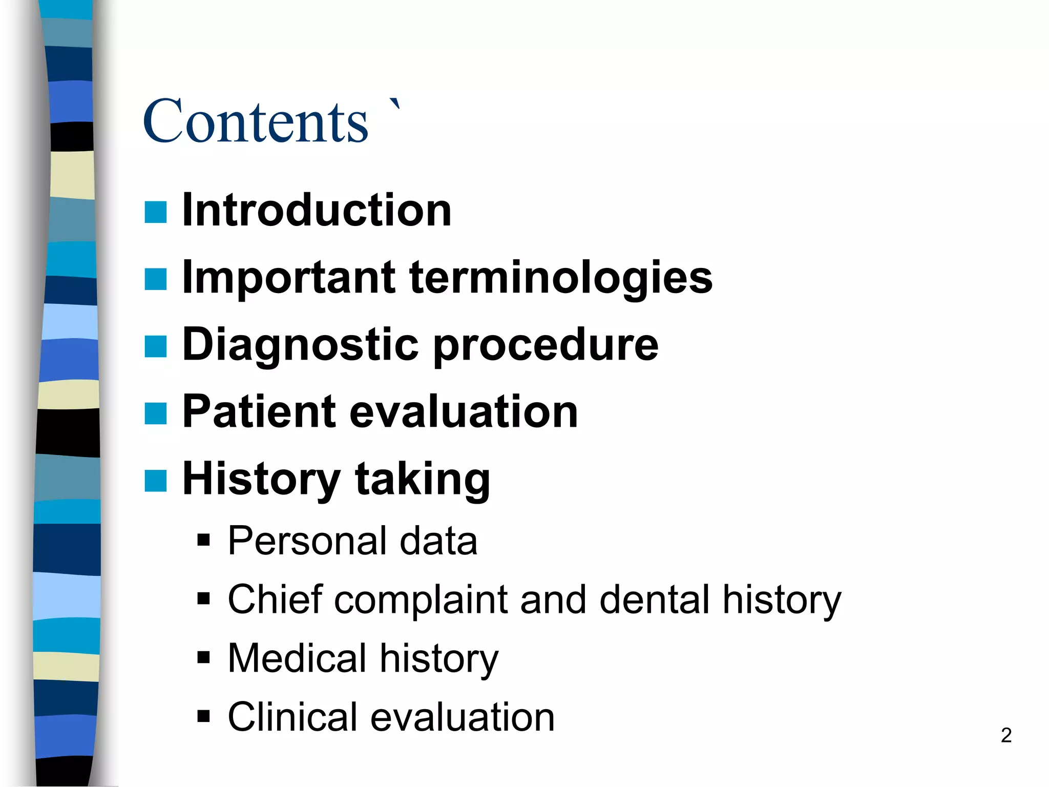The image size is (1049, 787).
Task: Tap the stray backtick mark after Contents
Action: pos(395,104)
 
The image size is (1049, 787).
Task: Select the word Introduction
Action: pos(317,210)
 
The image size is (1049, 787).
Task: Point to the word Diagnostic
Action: pos(301,344)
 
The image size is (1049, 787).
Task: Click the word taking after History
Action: pos(422,479)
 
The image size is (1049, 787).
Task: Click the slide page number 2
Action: pos(1006,735)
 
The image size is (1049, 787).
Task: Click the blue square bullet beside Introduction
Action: pos(156,212)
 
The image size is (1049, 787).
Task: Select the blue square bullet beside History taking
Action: pos(156,481)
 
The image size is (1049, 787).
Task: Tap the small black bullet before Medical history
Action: pos(203,657)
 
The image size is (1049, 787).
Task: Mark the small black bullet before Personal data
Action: pos(203,540)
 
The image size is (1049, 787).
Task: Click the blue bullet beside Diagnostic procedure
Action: pos(156,346)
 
